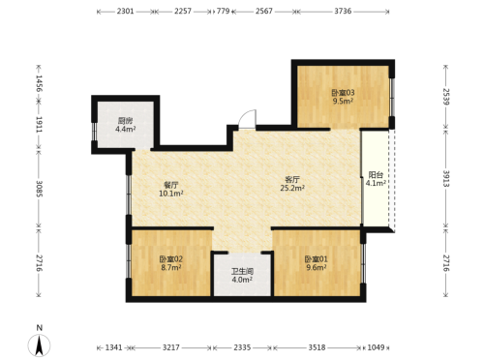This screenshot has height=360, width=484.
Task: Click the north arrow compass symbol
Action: pyautogui.click(x=39, y=345)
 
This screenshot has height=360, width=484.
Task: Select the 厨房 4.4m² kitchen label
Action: pyautogui.click(x=125, y=125)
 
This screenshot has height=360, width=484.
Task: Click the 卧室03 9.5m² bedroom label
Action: pyautogui.click(x=343, y=97)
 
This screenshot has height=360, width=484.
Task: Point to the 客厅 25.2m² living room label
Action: pyautogui.click(x=292, y=184)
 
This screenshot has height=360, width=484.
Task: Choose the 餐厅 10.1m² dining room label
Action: pyautogui.click(x=171, y=190)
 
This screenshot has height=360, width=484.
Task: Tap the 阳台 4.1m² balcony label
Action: pyautogui.click(x=376, y=179)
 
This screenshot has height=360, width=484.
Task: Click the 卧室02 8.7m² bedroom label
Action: pyautogui.click(x=171, y=263)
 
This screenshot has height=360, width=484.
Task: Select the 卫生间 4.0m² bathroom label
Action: pyautogui.click(x=242, y=276)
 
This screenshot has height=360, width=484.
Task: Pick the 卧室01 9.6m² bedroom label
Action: pyautogui.click(x=317, y=263)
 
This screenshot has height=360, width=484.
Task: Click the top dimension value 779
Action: pyautogui.click(x=223, y=11)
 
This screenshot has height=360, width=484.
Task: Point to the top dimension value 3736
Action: pyautogui.click(x=343, y=11)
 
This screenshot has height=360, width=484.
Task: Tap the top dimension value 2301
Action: pyautogui.click(x=125, y=11)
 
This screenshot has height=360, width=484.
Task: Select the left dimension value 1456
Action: pyautogui.click(x=39, y=83)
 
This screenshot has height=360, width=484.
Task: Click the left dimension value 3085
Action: pyautogui.click(x=39, y=189)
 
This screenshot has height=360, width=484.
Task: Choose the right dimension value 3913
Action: pyautogui.click(x=446, y=178)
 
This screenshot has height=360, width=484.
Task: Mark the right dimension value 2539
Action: pyautogui.click(x=446, y=97)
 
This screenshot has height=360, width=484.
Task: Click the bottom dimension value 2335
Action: pyautogui.click(x=242, y=347)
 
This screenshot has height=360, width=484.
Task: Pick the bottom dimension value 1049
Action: pyautogui.click(x=377, y=347)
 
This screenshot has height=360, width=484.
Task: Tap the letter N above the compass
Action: pyautogui.click(x=40, y=328)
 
